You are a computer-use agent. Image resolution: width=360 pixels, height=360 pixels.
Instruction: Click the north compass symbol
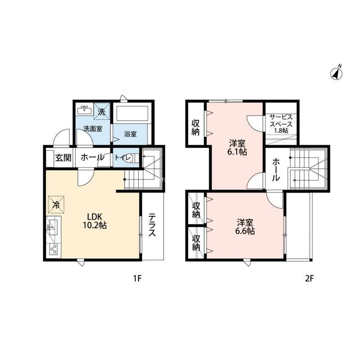click(337, 73)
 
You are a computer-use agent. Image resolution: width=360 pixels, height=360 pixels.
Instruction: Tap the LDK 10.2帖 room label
click(94, 221)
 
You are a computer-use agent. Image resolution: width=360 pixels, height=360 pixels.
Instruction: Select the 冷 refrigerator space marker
click(56, 204)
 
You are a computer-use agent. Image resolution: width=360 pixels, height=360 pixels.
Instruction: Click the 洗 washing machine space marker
click(102, 112)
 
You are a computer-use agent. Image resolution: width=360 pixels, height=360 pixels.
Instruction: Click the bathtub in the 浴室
click(132, 113)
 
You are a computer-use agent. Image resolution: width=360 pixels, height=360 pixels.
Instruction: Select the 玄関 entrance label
click(63, 158)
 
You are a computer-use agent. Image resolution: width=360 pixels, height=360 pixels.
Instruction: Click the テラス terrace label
click(152, 225)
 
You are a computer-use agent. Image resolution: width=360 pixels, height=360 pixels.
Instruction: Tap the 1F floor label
click(138, 279)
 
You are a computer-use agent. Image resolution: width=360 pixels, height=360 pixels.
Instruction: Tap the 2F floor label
click(310, 279)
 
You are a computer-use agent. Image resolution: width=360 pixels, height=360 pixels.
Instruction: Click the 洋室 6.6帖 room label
click(245, 227)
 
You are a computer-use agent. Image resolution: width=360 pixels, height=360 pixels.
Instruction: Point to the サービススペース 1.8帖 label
click(281, 124)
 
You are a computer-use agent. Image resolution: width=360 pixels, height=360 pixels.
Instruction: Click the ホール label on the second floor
click(276, 170)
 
